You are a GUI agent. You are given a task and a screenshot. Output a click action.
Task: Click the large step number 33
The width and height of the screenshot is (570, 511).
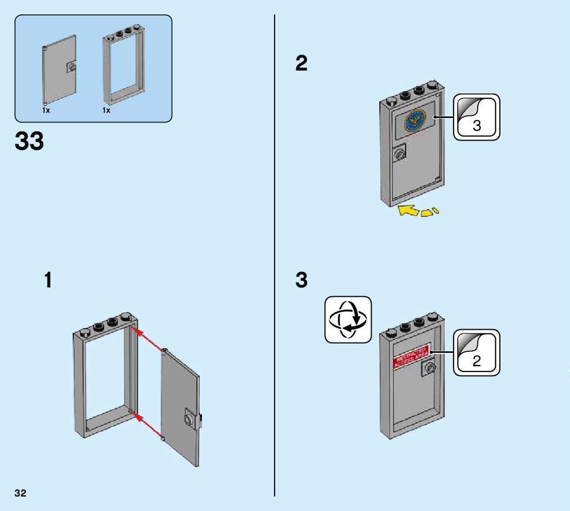(x=30, y=141)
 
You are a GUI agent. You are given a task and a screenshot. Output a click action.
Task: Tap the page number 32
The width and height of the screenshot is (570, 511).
(x=21, y=493)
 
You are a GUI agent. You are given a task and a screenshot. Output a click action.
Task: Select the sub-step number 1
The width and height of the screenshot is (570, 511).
(x=48, y=281)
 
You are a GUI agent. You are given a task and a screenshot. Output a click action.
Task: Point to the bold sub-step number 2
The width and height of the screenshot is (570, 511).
(x=301, y=64)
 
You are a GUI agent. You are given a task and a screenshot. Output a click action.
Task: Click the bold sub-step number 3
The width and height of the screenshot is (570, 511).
(x=301, y=281)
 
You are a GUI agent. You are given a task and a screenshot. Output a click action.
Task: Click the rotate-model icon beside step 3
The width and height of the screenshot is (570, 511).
(x=348, y=319)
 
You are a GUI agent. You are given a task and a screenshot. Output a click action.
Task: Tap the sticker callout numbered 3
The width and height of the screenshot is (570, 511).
(x=477, y=117)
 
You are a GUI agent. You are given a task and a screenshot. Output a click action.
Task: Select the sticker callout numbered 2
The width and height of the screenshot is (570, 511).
(x=477, y=353)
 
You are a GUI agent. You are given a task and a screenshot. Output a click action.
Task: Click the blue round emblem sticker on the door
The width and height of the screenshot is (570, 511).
(x=415, y=120)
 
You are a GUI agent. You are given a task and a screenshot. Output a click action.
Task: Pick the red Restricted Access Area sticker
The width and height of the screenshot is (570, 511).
(x=411, y=355)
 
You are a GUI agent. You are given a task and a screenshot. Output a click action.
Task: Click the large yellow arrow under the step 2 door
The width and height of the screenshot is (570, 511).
(x=408, y=210)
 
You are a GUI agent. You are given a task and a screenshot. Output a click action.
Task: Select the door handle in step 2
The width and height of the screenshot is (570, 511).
(x=399, y=154)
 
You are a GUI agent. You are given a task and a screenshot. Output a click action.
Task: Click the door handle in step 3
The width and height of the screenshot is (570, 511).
(x=429, y=368)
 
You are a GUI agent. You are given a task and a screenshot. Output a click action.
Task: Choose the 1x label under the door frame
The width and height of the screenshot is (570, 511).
(x=106, y=110)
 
